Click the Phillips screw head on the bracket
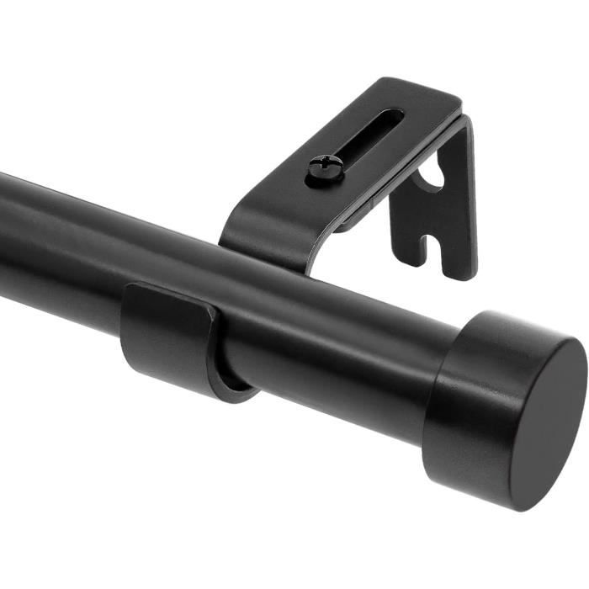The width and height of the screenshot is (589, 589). tap(325, 168)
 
